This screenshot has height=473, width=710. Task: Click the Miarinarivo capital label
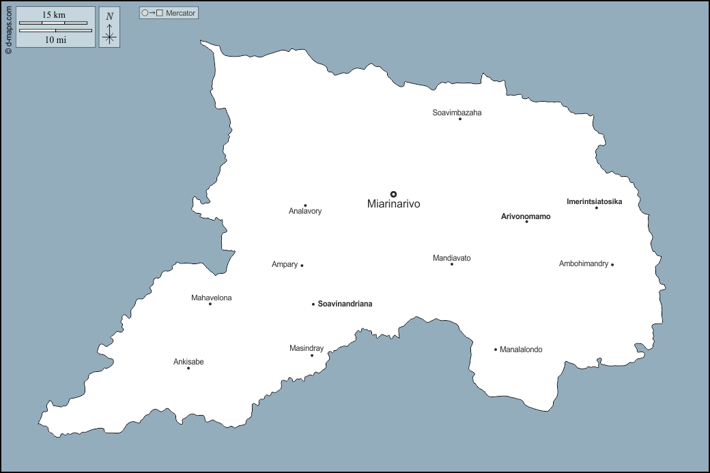coord(393,204)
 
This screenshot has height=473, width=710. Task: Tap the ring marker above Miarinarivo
coord(393,194)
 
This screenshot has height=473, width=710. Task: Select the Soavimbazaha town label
coord(457,113)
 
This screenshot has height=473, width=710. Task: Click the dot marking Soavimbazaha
coord(460,119)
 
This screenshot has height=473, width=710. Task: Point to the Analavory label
coord(305,212)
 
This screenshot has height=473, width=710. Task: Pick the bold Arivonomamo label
coord(526,216)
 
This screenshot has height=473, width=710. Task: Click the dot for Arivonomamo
coord(526,222)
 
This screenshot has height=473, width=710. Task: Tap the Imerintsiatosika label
coord(594,201)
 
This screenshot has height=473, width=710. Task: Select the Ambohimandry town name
coord(584,263)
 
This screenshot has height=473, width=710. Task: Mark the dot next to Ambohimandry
coord(612,265)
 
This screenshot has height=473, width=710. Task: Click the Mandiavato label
coord(452,258)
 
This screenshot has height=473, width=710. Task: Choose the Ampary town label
coord(285,264)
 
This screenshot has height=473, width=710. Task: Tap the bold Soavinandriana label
coord(345,304)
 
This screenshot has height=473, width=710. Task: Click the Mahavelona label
coord(212,298)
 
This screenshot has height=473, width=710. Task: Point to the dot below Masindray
coord(312,355)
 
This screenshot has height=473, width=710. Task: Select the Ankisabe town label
coord(188,362)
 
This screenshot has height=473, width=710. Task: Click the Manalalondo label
coord(521,349)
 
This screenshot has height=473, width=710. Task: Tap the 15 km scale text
coord(54,15)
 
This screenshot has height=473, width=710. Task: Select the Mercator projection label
coord(169,13)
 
